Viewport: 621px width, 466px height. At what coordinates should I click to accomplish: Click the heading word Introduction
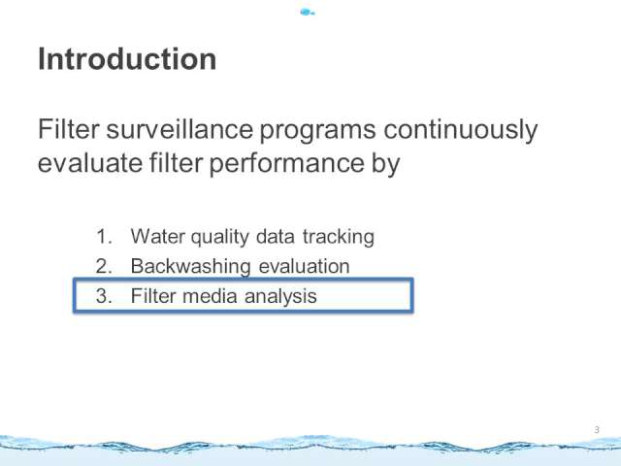coord(127,59)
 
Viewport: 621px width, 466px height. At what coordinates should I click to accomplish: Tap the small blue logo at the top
coord(308,13)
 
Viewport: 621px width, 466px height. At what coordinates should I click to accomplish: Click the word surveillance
coord(180,129)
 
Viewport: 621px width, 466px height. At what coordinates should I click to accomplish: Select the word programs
coord(317,132)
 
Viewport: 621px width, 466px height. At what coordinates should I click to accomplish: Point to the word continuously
coord(461,130)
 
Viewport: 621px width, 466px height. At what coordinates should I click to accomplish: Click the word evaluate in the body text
coord(90,162)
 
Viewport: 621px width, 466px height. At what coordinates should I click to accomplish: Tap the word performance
coord(286,164)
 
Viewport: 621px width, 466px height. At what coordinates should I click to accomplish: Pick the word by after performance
coord(386,164)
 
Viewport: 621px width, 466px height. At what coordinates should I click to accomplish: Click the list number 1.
coord(104,237)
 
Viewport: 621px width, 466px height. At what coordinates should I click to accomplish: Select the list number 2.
coord(104,266)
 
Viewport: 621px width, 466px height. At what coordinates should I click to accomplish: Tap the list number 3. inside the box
coord(104,296)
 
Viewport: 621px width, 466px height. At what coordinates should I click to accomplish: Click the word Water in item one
coord(157,237)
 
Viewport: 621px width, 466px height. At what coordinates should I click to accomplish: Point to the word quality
coord(220,238)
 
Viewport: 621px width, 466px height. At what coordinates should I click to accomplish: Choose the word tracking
coord(339,238)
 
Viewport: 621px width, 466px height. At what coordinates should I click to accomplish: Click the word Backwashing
coord(190,267)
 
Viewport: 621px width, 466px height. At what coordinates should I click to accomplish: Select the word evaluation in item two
coord(304,266)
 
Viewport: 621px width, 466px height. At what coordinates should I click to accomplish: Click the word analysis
coord(280,297)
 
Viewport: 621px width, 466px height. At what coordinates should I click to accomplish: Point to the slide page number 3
coord(597,430)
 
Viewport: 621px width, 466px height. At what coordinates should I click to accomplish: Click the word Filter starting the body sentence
coord(68,129)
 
